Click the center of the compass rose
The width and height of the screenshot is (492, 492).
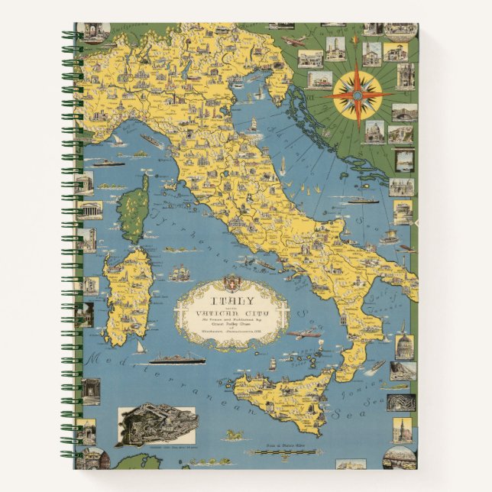358,95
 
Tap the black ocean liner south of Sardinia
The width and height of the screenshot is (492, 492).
176,358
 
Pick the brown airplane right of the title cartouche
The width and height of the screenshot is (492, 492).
304,334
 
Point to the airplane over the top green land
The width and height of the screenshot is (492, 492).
295,40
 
